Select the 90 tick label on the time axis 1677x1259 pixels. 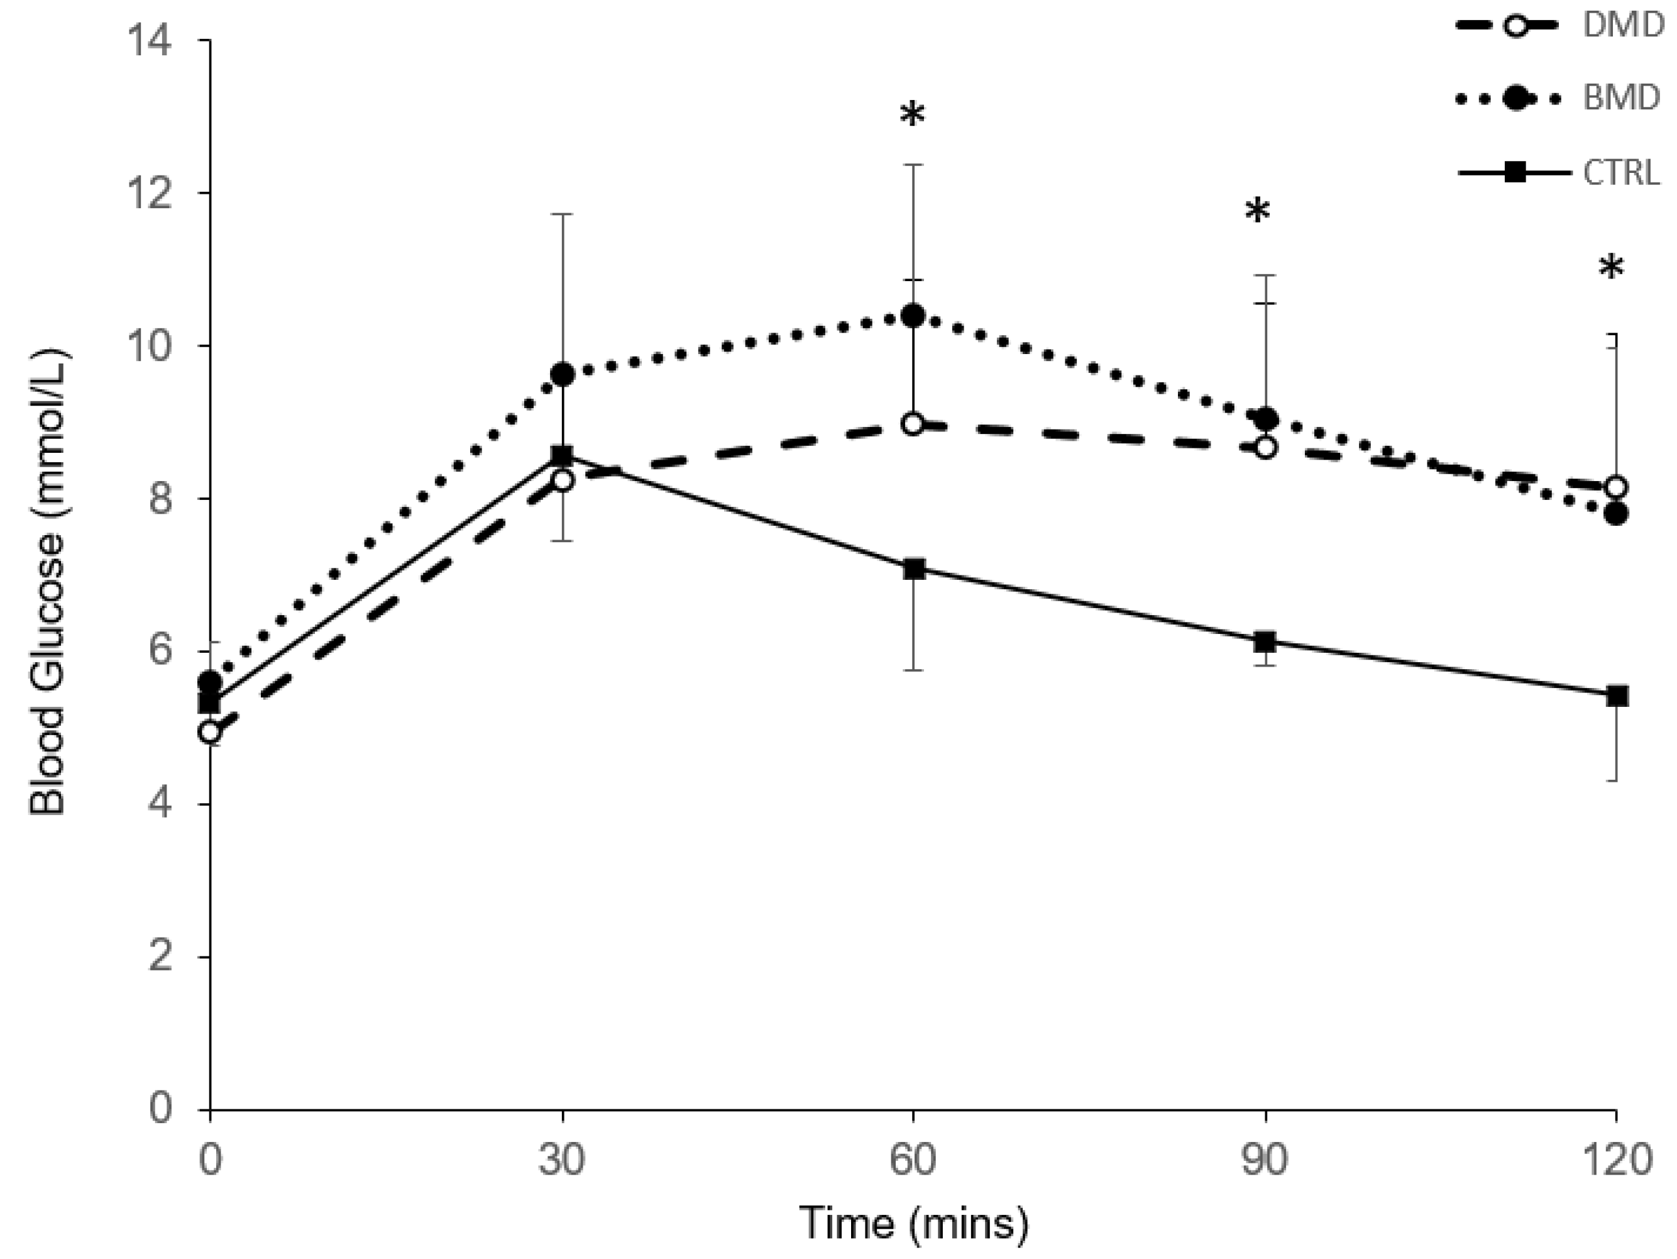pyautogui.click(x=1265, y=1161)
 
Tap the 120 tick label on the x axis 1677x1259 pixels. pyautogui.click(x=1615, y=1161)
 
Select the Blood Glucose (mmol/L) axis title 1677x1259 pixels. pyautogui.click(x=48, y=582)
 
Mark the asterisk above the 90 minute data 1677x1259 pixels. pyautogui.click(x=1257, y=211)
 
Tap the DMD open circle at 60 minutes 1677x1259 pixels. pyautogui.click(x=913, y=423)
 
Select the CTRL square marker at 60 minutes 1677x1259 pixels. pyautogui.click(x=915, y=570)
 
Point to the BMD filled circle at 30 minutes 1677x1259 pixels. pyautogui.click(x=563, y=374)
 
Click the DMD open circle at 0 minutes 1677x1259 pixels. pyautogui.click(x=211, y=733)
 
